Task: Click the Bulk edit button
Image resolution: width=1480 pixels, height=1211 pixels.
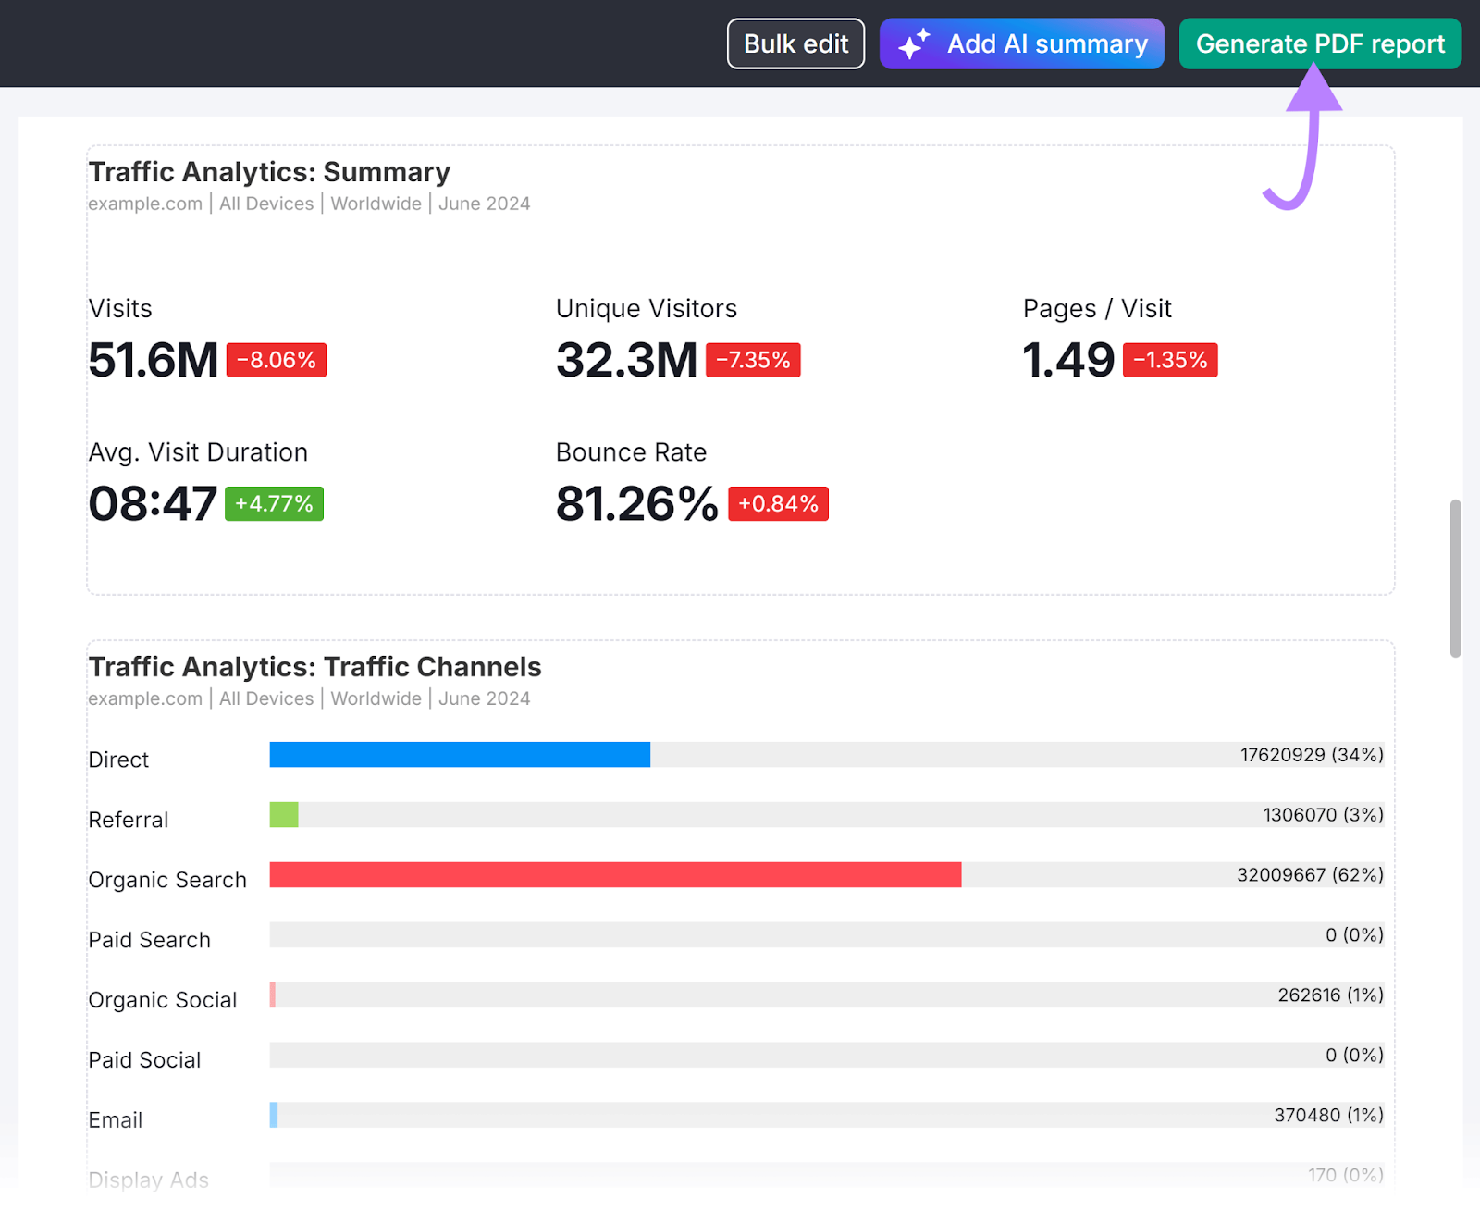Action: pyautogui.click(x=795, y=43)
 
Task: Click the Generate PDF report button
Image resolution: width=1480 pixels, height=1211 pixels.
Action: pyautogui.click(x=1320, y=43)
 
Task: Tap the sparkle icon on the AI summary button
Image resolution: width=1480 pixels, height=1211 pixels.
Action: pyautogui.click(x=914, y=43)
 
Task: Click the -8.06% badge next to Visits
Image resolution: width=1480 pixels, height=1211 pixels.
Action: pyautogui.click(x=276, y=360)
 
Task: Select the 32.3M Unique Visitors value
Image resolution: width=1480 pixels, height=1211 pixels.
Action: pyautogui.click(x=626, y=360)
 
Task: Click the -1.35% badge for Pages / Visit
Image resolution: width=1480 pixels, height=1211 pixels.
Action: pyautogui.click(x=1170, y=360)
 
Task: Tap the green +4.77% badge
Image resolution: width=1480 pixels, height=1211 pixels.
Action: pyautogui.click(x=274, y=504)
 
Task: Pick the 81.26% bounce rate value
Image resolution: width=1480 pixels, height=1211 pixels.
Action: pyautogui.click(x=636, y=504)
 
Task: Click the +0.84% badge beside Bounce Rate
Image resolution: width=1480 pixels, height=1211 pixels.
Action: pyautogui.click(x=778, y=504)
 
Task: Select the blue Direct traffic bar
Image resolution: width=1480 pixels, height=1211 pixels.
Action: pyautogui.click(x=460, y=755)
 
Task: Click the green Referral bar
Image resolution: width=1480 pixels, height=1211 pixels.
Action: pyautogui.click(x=284, y=815)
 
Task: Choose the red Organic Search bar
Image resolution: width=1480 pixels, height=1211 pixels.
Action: pyautogui.click(x=615, y=875)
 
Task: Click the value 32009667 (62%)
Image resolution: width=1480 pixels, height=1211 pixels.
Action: pyautogui.click(x=1310, y=875)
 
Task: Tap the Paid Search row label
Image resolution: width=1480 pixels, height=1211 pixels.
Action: pyautogui.click(x=150, y=940)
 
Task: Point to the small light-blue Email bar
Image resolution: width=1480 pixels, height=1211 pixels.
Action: pyautogui.click(x=274, y=1115)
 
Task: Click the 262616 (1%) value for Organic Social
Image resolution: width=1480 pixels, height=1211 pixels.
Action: pyautogui.click(x=1330, y=995)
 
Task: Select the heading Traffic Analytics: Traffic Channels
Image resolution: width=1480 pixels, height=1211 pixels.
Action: pyautogui.click(x=314, y=667)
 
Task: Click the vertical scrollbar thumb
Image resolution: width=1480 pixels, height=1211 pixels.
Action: pyautogui.click(x=1455, y=578)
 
